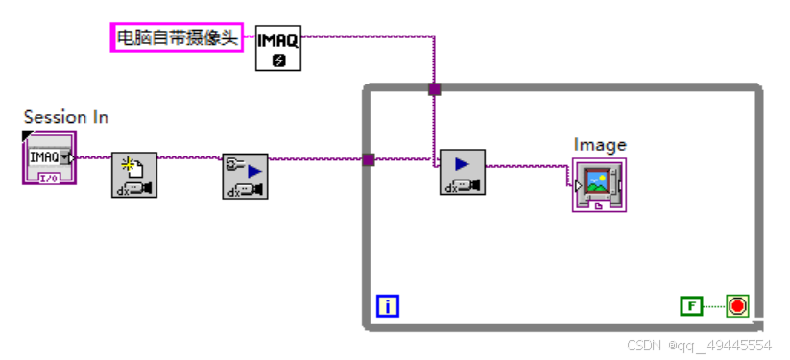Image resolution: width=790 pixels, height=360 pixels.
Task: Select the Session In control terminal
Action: click(49, 158)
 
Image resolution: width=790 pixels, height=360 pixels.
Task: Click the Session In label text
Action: click(65, 117)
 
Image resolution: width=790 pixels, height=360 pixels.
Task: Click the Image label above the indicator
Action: click(600, 145)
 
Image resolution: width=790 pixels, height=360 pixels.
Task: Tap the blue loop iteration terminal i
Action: click(388, 306)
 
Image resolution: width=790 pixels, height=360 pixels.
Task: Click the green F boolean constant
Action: click(691, 306)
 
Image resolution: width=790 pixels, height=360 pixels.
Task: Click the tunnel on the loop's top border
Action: click(434, 89)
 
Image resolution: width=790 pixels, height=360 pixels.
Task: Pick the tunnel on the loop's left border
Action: click(368, 159)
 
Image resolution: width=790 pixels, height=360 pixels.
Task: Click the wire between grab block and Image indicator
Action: click(528, 166)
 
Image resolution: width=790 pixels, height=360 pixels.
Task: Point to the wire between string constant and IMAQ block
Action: click(250, 37)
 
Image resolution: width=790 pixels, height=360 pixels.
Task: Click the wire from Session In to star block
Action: click(94, 156)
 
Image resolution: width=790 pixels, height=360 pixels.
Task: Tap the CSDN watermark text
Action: click(699, 345)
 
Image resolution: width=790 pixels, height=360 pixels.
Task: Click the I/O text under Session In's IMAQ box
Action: click(48, 178)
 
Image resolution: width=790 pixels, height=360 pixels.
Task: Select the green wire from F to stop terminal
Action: click(715, 306)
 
